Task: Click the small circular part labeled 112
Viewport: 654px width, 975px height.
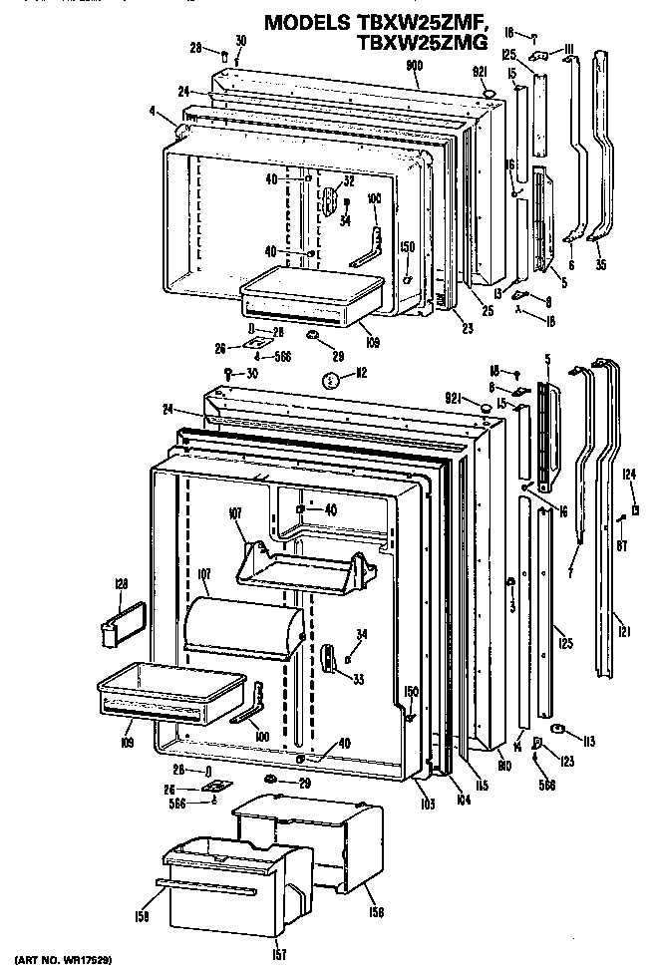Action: (331, 379)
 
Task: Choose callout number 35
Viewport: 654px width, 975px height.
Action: (598, 265)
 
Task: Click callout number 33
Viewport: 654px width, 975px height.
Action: (355, 679)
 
